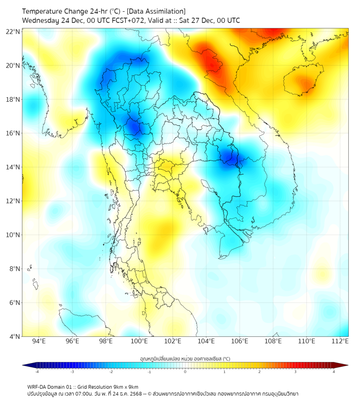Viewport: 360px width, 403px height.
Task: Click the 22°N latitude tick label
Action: [13, 31]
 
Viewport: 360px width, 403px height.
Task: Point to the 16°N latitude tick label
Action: [13, 133]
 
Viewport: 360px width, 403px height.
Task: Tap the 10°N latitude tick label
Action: [13, 235]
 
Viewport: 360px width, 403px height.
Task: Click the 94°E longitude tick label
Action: [39, 341]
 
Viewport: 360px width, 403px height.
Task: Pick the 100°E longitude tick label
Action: [139, 341]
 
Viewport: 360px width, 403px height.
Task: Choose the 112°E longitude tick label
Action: [340, 341]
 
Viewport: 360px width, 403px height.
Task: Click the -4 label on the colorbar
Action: [37, 372]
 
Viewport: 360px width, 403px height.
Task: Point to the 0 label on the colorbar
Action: [185, 372]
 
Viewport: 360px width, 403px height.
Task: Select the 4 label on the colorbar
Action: [334, 372]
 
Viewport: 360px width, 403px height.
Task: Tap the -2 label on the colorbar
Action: [111, 372]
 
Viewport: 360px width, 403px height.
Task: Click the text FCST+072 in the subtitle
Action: [124, 21]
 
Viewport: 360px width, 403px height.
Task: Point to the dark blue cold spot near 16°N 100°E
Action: [133, 127]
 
